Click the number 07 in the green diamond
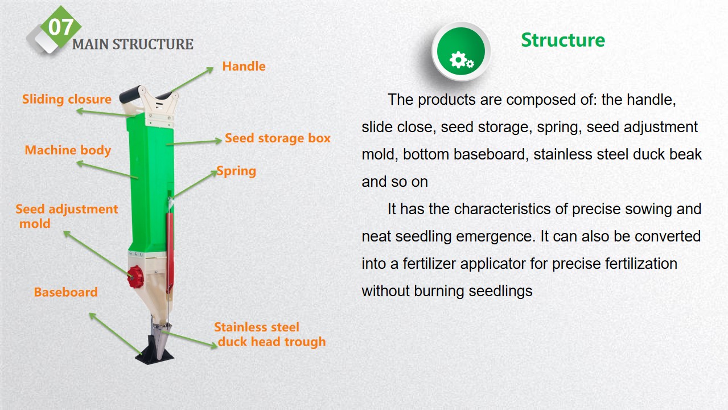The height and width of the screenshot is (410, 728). coord(61,27)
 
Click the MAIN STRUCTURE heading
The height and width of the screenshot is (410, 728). coord(133,44)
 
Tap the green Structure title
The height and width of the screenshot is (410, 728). coord(563,40)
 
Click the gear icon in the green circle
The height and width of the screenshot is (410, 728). coord(462,60)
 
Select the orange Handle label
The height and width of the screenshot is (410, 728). coord(244,66)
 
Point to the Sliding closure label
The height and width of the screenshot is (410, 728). coord(67,99)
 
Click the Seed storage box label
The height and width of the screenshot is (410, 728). coord(278,138)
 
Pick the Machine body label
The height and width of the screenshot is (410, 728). coord(68,150)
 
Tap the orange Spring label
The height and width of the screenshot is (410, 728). coord(236,171)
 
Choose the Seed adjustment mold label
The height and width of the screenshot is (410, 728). coord(67,216)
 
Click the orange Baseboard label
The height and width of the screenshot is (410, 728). coord(65,292)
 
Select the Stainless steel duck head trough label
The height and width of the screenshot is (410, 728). coord(270,334)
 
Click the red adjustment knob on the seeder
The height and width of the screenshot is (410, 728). coord(135,277)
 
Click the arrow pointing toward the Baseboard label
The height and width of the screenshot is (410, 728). coord(116,333)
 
